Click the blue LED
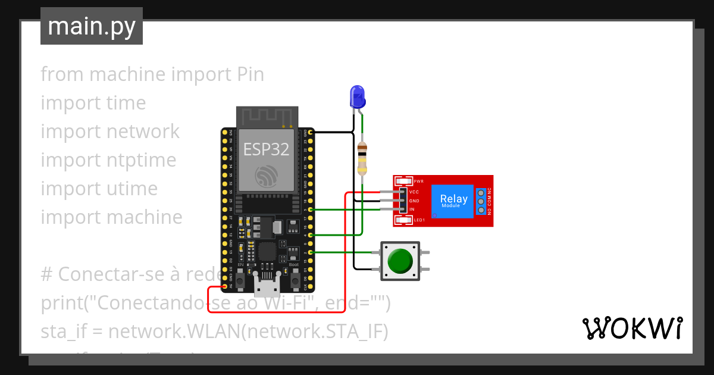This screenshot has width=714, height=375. click(x=357, y=97)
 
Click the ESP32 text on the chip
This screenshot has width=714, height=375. click(x=266, y=149)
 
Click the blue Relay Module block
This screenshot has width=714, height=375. click(x=453, y=201)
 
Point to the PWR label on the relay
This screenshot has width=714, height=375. click(x=418, y=181)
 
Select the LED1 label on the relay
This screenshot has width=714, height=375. click(x=419, y=220)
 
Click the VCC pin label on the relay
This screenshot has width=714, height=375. click(x=415, y=192)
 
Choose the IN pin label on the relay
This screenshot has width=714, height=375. click(x=412, y=210)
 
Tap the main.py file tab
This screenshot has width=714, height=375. click(x=92, y=26)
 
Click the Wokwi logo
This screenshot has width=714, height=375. click(x=632, y=328)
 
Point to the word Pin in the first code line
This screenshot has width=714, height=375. click(x=250, y=74)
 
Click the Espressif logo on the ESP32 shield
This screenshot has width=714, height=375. click(x=266, y=176)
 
